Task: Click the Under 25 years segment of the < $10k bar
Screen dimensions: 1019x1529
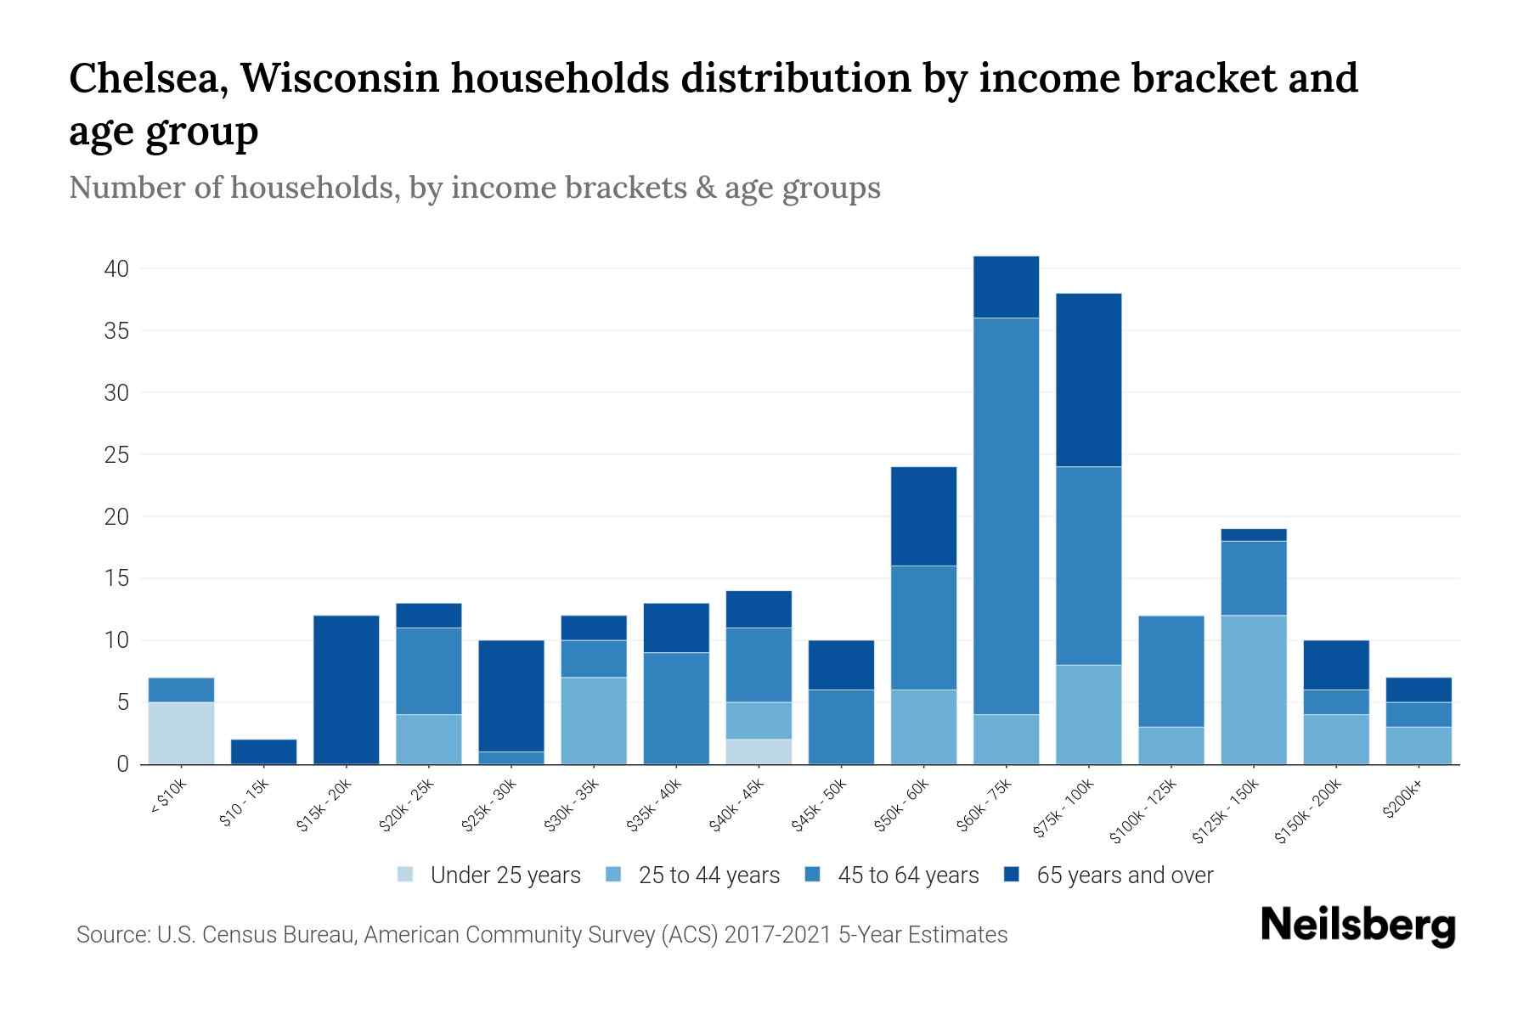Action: (x=181, y=733)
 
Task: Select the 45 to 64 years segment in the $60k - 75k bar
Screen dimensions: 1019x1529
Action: (x=1006, y=515)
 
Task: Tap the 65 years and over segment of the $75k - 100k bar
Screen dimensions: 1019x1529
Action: (x=1088, y=380)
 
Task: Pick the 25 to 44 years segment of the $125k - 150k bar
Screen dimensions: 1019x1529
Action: (x=1253, y=690)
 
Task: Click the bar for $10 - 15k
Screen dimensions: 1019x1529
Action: (x=263, y=752)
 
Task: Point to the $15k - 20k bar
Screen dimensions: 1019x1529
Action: (x=346, y=690)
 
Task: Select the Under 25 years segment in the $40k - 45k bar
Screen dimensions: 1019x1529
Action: (x=759, y=752)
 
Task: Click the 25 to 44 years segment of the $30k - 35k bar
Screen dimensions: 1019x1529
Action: (x=594, y=720)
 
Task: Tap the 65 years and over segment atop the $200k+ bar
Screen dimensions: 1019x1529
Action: (x=1418, y=690)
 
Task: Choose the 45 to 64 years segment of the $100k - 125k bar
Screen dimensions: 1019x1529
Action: (x=1171, y=671)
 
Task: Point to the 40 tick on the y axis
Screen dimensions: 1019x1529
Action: (x=116, y=269)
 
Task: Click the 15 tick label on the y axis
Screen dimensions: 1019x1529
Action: (x=116, y=579)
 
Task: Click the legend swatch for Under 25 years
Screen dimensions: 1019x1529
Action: (x=406, y=875)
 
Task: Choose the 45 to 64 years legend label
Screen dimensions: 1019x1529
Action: (x=907, y=875)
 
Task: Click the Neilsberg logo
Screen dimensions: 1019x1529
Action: (x=1357, y=927)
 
